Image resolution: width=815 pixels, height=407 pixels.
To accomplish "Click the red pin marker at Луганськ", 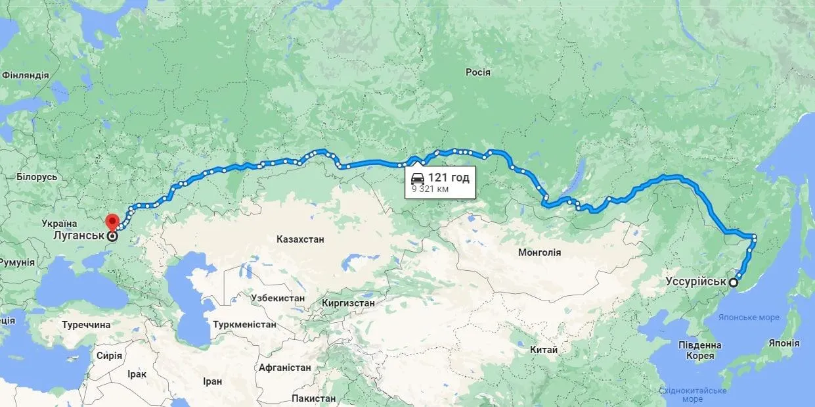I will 112,222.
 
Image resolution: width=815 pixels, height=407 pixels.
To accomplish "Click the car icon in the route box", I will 418,178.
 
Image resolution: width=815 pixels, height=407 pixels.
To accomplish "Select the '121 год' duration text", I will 449,178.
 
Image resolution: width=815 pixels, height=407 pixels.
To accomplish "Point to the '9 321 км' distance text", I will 430,189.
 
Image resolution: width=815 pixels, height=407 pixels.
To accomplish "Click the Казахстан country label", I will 300,239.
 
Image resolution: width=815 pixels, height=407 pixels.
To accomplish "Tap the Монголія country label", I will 539,252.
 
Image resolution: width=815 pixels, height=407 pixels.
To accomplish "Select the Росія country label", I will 477,72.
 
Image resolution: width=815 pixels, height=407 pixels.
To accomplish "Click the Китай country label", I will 544,350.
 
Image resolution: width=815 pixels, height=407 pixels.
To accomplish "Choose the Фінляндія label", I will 25,75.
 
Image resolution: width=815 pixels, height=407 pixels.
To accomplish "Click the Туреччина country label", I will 87,325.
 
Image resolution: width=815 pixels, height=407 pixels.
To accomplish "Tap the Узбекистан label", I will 278,298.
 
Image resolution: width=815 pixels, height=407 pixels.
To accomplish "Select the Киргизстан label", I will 348,303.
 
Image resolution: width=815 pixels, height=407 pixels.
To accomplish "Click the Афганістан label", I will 284,367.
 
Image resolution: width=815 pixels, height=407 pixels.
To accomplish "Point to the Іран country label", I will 212,381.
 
